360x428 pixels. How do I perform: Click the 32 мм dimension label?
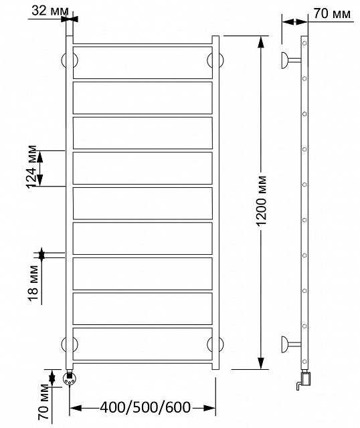click(x=50, y=11)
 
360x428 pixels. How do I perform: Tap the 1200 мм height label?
click(x=262, y=201)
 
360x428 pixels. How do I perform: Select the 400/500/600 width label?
click(x=145, y=407)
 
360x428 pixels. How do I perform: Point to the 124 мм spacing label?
click(x=31, y=167)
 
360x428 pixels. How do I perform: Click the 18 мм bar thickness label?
click(x=33, y=282)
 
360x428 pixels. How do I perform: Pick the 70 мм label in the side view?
click(x=332, y=13)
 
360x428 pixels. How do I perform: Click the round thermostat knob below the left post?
click(x=70, y=379)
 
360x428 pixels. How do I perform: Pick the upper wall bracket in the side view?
click(x=290, y=60)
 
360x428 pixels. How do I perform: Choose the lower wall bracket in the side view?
click(x=290, y=344)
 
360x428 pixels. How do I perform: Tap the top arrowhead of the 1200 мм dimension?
click(x=261, y=42)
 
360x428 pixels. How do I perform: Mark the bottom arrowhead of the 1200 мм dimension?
click(x=261, y=362)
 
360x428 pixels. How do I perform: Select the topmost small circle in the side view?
click(x=304, y=43)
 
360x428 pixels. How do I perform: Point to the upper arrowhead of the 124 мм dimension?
click(x=40, y=156)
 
